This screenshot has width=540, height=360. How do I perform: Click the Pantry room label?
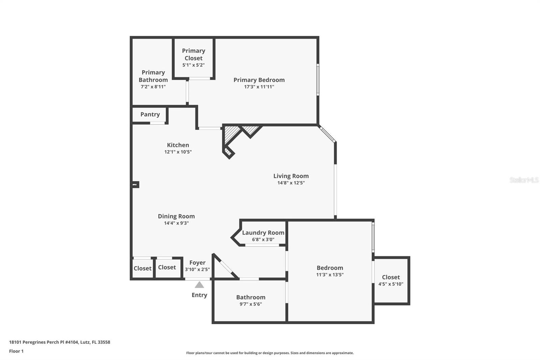pos(150,114)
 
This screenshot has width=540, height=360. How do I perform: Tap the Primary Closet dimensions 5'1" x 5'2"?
pos(193,65)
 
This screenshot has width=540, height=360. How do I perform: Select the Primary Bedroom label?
pos(259,80)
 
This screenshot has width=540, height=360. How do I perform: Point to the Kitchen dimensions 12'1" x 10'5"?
pos(178,152)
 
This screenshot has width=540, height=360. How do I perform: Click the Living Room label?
pos(291,176)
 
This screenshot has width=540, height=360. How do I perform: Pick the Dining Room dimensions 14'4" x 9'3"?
pos(176,223)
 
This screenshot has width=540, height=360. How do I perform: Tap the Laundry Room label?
pos(263,233)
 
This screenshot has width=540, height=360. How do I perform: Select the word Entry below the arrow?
pos(199,295)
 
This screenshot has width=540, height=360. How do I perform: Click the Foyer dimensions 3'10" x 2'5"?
pos(197,269)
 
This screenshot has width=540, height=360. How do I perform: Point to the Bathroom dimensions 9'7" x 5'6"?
pos(251,304)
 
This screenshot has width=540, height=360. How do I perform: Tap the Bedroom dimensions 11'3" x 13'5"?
pos(330,275)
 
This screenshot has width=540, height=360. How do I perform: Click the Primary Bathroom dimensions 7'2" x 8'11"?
pos(153,86)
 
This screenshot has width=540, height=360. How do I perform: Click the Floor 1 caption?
pos(17,351)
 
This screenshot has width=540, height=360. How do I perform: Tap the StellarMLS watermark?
pos(524,180)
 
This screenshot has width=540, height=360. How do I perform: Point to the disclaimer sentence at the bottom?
pos(270,353)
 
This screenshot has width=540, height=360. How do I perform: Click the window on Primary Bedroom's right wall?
pos(318,80)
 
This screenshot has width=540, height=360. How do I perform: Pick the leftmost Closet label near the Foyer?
pos(142,268)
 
